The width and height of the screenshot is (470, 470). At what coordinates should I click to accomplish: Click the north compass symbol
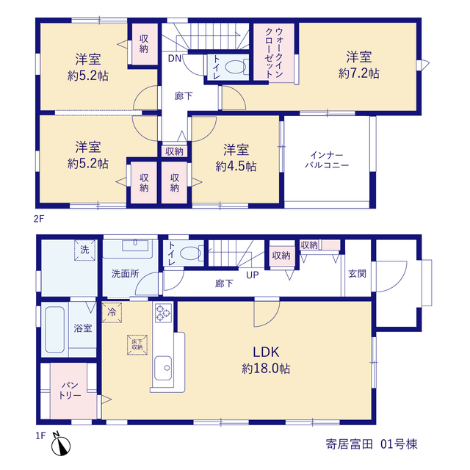point(61,444)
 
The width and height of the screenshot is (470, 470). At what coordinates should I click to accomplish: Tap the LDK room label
point(266,352)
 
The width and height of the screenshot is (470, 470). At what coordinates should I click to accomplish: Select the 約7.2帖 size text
point(359,73)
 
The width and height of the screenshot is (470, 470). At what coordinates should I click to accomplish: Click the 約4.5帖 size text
point(236,167)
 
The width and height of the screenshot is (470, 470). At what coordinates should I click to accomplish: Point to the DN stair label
point(175,59)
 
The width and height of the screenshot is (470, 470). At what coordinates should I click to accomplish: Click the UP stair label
point(253,275)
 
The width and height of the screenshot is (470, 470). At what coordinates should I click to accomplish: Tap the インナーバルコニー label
point(327,160)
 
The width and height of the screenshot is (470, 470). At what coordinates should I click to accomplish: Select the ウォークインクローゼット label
point(275,53)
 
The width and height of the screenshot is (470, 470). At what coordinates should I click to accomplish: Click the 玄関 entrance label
point(357,274)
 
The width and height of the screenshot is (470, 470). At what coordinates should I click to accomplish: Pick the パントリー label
point(70,390)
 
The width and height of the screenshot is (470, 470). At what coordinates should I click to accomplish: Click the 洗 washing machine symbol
point(85,250)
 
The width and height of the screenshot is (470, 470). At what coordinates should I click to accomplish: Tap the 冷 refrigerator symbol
point(112,313)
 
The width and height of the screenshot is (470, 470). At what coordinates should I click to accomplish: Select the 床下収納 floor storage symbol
point(137,345)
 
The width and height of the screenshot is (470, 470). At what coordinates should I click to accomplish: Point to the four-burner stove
point(163,313)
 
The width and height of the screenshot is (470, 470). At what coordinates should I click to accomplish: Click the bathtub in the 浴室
point(54,330)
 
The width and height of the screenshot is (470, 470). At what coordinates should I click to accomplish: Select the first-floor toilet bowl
point(192,253)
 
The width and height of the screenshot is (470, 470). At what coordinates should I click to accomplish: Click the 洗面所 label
point(126,274)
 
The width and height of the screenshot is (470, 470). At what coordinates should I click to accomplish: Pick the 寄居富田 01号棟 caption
point(372,444)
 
